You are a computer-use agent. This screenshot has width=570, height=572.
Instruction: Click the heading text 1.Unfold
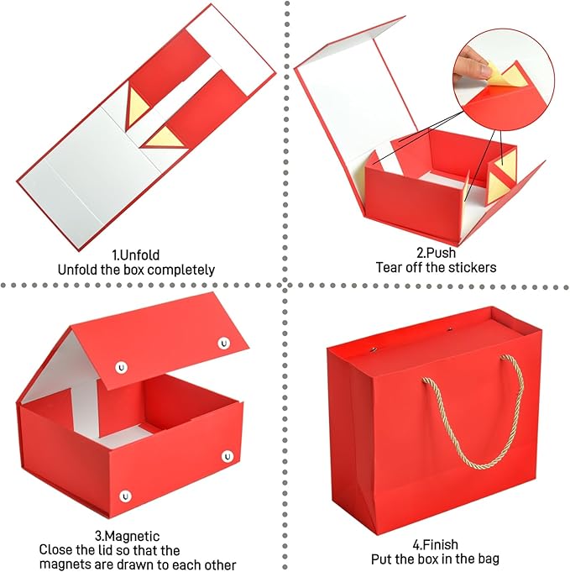[x=135, y=255]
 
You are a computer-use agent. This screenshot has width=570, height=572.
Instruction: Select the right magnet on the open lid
[x=224, y=343]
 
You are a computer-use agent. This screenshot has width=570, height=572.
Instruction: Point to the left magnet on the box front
[x=126, y=496]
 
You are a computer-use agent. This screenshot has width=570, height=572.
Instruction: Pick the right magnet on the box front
[x=227, y=456]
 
